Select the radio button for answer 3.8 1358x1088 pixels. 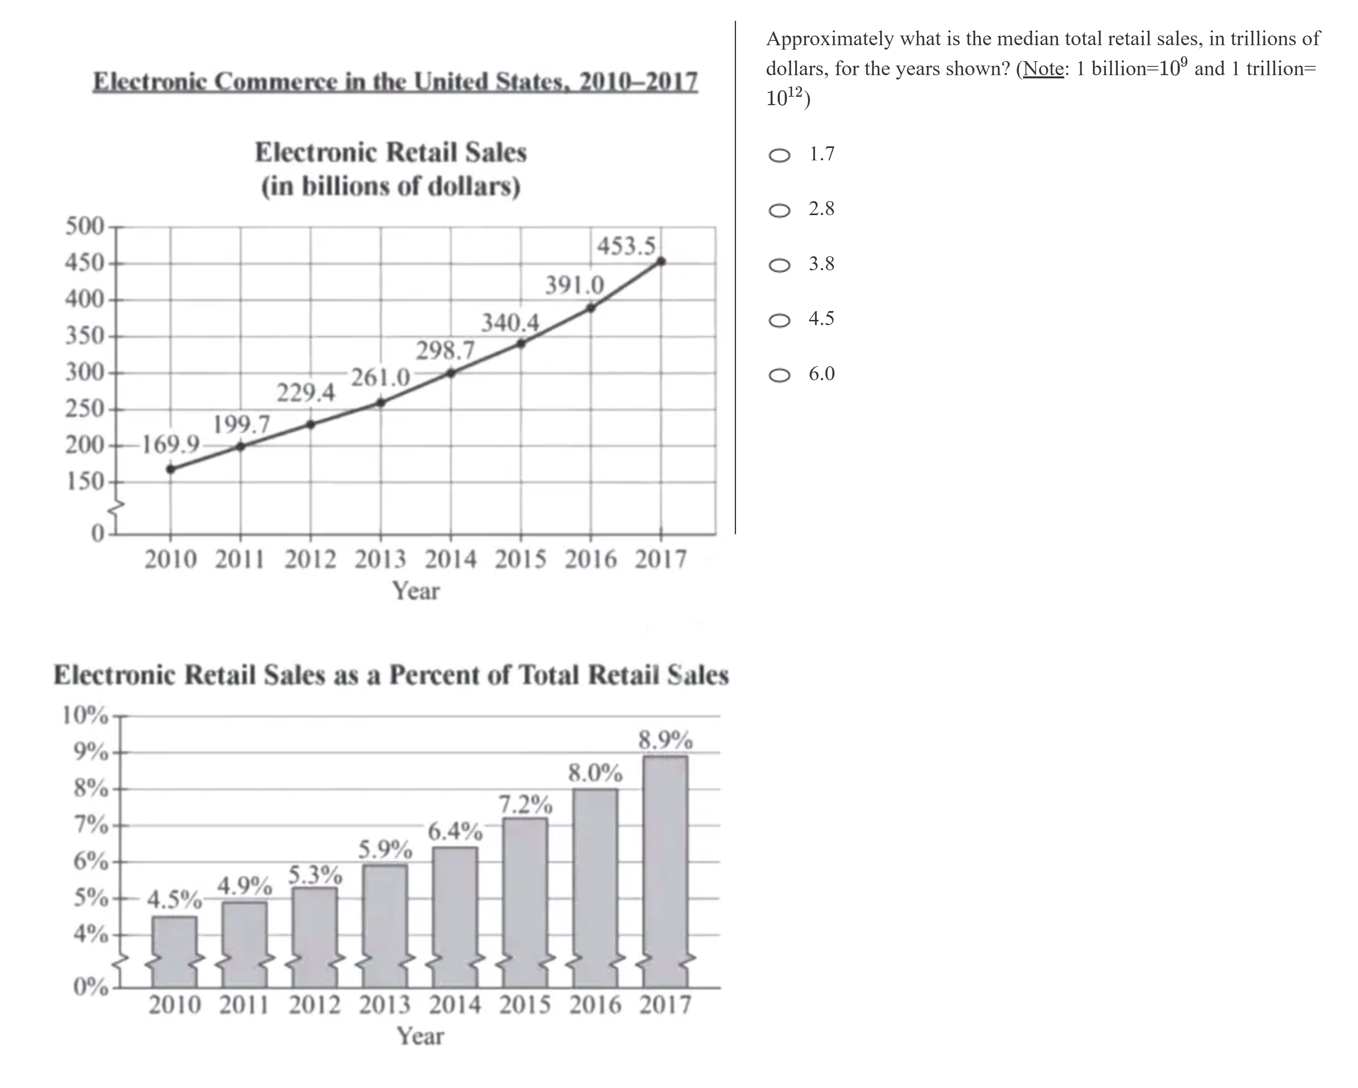779,265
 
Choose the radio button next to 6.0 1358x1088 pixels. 779,375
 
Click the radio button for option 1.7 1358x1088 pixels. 779,155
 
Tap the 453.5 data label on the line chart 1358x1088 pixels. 626,246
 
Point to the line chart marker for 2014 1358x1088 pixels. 450,373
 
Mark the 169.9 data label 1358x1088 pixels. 170,445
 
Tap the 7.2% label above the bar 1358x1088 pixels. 525,804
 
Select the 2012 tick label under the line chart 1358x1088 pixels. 310,559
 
